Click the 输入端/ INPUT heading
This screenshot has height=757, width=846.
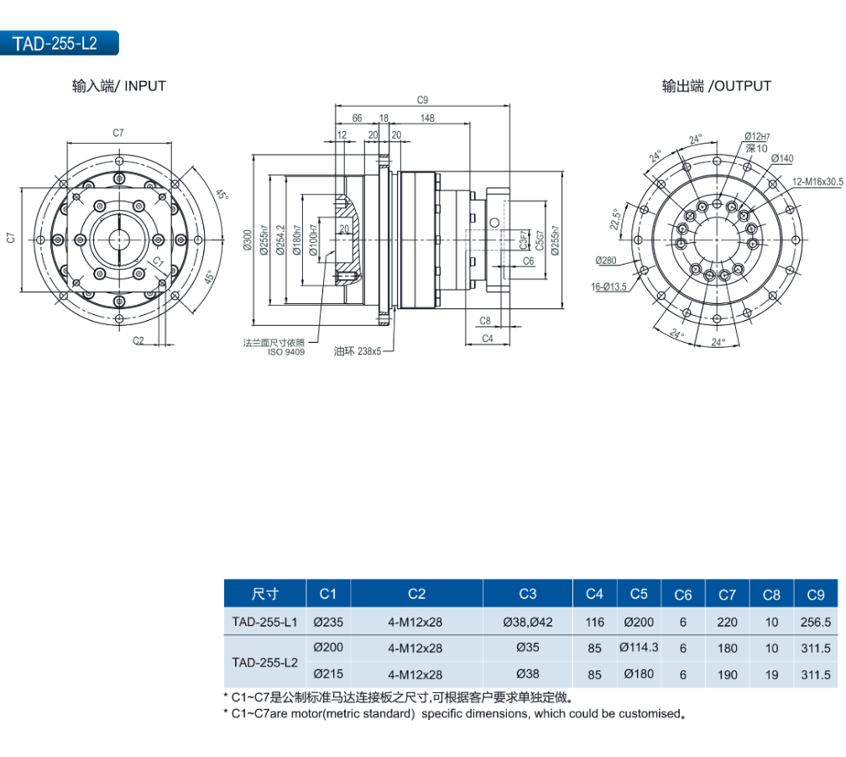click(118, 86)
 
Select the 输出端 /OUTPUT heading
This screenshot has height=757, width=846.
click(716, 86)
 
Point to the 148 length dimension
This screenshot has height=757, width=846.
click(427, 118)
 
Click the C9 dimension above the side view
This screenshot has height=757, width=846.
click(422, 99)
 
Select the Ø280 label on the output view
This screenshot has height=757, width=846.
click(605, 260)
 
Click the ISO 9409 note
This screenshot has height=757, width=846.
click(286, 352)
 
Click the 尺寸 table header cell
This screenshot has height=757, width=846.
click(265, 594)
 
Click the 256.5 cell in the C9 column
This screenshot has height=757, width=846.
click(815, 623)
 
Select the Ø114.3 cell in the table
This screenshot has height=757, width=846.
click(639, 648)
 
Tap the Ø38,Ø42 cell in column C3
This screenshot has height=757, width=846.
click(527, 623)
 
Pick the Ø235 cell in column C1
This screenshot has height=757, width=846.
click(328, 623)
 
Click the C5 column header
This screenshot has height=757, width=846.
click(639, 594)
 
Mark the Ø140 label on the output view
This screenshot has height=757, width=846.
click(781, 159)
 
